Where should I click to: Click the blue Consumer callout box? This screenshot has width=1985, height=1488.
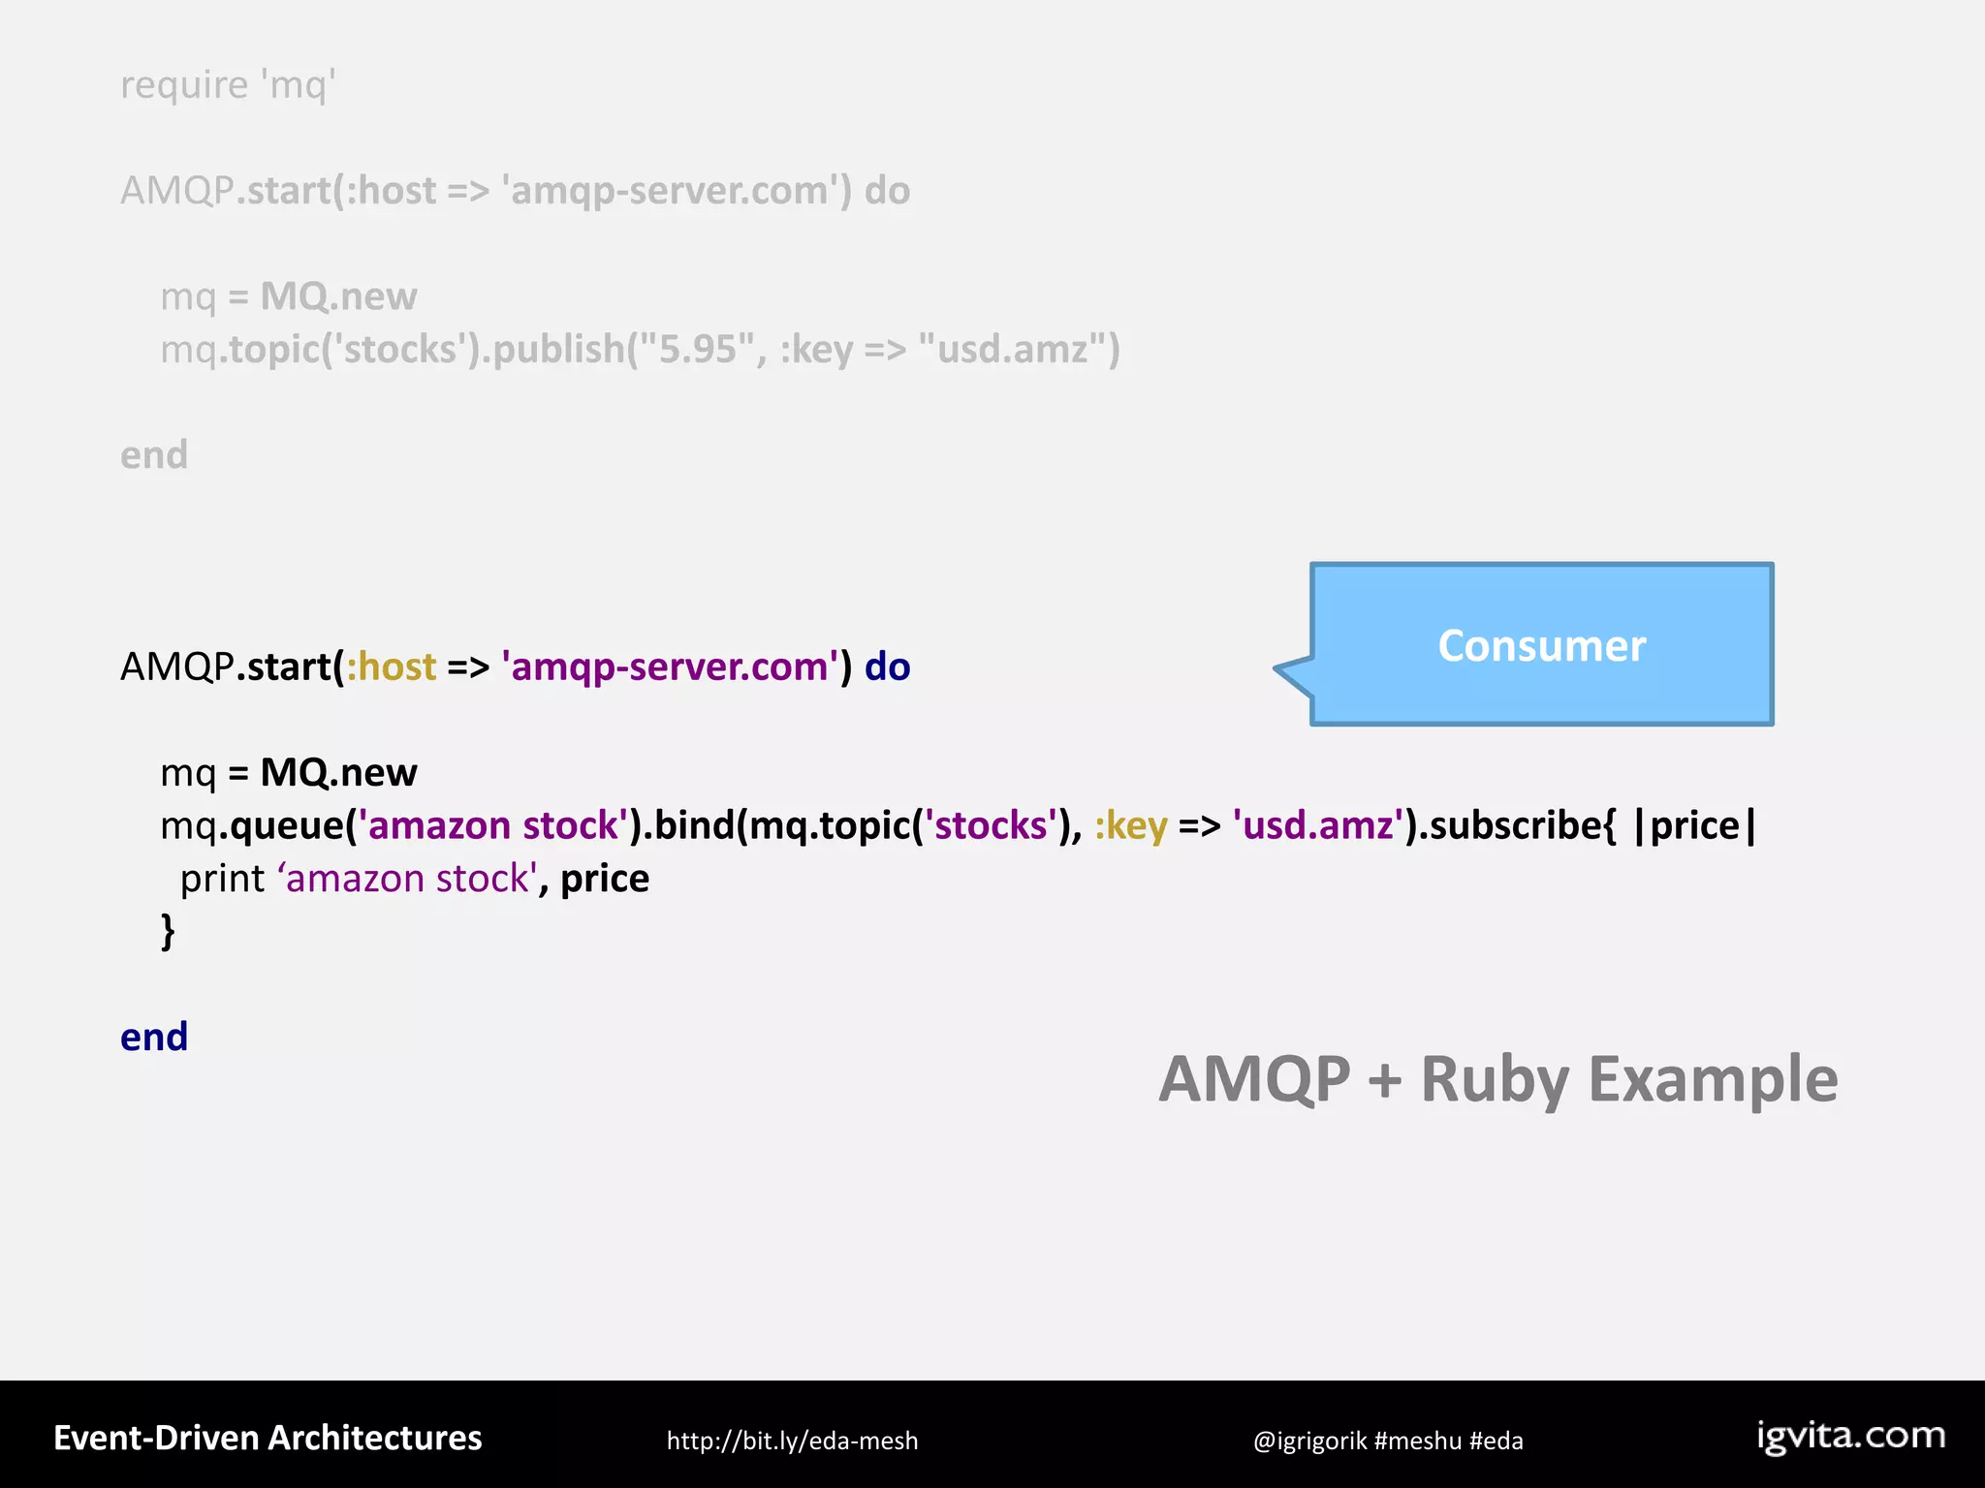pyautogui.click(x=1541, y=644)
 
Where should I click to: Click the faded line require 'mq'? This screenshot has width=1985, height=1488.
pyautogui.click(x=228, y=85)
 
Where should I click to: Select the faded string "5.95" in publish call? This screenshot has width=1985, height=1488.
pyautogui.click(x=697, y=349)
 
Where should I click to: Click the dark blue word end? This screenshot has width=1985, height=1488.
pyautogui.click(x=154, y=1037)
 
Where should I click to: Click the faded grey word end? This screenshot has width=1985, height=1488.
pyautogui.click(x=154, y=454)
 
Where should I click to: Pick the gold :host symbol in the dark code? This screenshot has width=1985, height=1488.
pyautogui.click(x=392, y=666)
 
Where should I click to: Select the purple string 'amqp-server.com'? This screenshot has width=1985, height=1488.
pyautogui.click(x=670, y=666)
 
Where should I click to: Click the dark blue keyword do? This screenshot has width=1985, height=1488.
pyautogui.click(x=887, y=666)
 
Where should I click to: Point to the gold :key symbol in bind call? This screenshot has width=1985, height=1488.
pyautogui.click(x=1130, y=825)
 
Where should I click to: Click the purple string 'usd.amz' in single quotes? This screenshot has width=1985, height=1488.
pyautogui.click(x=1317, y=825)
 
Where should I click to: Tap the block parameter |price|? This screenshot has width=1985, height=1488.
pyautogui.click(x=1694, y=825)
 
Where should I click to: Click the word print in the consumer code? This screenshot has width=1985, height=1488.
pyautogui.click(x=222, y=879)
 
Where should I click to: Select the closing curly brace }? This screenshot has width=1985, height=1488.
pyautogui.click(x=168, y=931)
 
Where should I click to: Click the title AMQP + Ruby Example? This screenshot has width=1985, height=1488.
pyautogui.click(x=1497, y=1078)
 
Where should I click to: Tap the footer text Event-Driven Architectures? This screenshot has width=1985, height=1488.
pyautogui.click(x=268, y=1438)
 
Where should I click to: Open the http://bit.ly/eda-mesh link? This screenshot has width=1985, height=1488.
pyautogui.click(x=792, y=1441)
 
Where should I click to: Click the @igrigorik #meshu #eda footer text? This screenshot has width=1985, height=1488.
pyautogui.click(x=1387, y=1441)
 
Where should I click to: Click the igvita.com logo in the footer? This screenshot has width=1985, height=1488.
pyautogui.click(x=1850, y=1436)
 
